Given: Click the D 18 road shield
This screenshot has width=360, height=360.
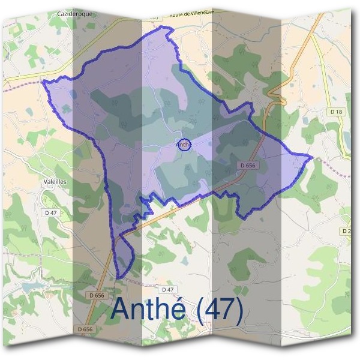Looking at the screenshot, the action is (x=335, y=112).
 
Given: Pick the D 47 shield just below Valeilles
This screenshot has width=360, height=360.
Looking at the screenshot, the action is (x=50, y=212).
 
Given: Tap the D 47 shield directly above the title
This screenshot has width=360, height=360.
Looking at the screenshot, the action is (x=167, y=290).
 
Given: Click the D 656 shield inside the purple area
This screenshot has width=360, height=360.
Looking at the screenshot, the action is (x=247, y=165).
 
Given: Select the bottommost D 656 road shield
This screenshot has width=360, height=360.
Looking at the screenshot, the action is (x=85, y=329).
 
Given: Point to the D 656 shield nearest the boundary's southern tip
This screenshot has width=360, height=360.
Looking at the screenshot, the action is (x=96, y=295).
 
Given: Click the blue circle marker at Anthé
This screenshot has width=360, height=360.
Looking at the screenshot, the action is (x=184, y=144).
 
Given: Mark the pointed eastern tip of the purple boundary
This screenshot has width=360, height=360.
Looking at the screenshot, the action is (x=312, y=157).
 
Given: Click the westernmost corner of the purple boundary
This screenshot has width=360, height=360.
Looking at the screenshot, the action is (x=43, y=83).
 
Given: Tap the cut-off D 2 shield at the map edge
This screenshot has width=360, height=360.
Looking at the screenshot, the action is (x=347, y=231).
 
